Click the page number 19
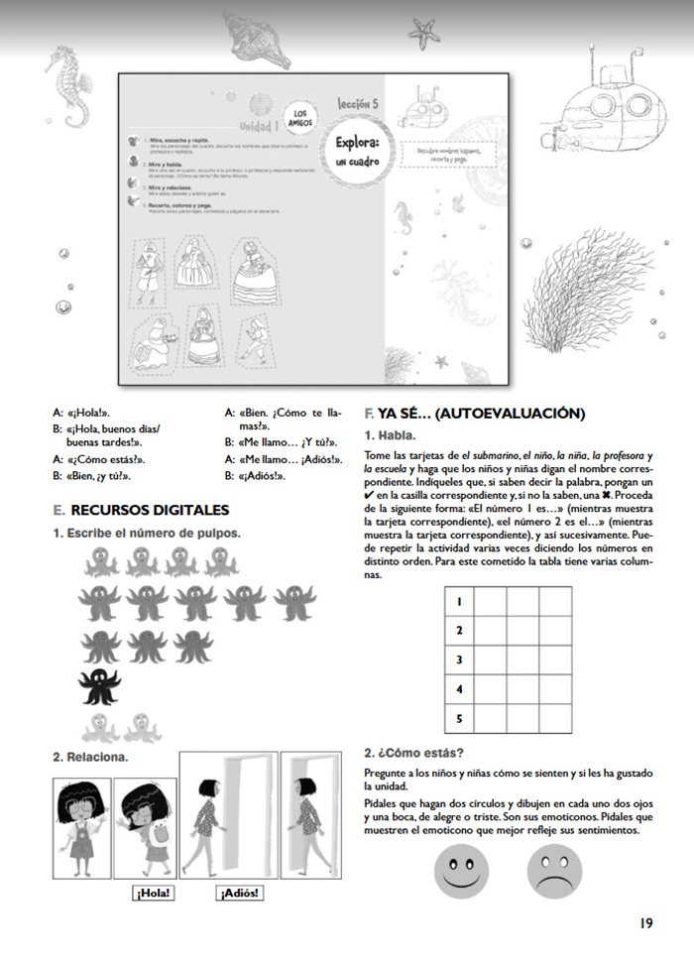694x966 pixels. (645, 922)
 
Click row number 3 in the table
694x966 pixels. (459, 660)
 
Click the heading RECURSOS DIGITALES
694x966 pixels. (149, 510)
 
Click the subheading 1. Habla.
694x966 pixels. (391, 434)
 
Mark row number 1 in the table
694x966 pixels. (459, 601)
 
